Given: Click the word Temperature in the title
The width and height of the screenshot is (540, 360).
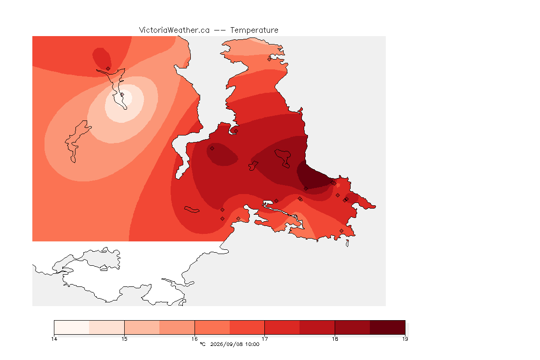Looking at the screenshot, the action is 254,30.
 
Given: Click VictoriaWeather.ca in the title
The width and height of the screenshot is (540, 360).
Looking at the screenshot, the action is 174,30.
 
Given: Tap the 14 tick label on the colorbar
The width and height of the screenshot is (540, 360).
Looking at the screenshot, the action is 54,339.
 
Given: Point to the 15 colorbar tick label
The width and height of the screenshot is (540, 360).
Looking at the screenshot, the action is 124,339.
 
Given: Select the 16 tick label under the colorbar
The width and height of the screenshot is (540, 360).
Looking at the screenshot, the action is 195,339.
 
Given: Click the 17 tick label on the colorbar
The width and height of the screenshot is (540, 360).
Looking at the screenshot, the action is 264,339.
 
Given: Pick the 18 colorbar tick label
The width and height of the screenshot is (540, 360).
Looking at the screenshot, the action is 335,339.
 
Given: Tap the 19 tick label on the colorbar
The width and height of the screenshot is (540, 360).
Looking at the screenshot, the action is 405,339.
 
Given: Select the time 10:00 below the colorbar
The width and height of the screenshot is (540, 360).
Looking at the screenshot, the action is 252,344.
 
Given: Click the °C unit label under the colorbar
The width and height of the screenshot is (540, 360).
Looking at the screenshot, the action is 203,344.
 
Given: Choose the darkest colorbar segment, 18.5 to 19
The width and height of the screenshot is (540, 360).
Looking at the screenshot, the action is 388,327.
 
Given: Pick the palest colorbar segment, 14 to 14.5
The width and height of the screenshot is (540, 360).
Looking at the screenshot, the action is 72,327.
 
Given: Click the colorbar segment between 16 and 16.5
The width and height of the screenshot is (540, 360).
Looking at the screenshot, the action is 212,327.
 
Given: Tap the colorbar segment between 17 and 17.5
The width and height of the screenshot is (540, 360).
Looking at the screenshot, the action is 282,327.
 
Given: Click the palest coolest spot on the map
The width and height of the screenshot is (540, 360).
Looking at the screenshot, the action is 123,100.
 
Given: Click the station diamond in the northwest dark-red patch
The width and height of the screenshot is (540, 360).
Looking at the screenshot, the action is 108,68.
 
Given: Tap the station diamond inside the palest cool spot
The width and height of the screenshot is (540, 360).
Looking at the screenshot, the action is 121,94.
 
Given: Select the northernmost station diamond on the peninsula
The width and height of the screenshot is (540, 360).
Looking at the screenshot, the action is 270,59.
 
